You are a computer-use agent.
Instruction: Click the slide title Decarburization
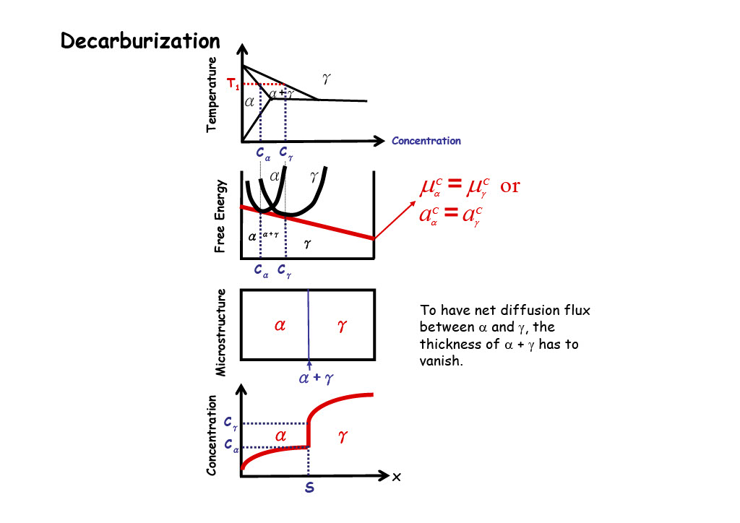[140, 41]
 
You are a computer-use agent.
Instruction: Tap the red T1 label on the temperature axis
[233, 85]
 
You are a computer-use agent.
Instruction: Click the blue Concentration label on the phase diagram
[426, 141]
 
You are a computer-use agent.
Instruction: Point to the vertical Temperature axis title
[212, 94]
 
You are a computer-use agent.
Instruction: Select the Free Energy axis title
[220, 216]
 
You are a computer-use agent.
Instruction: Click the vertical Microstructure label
[221, 332]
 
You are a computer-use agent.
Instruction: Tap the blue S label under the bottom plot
[309, 488]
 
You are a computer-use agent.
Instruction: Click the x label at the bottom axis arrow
[396, 477]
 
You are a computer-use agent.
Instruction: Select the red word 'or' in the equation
[510, 186]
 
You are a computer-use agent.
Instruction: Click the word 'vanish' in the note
[439, 360]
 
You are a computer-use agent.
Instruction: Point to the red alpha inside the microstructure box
[280, 326]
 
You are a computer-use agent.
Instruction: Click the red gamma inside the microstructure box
[342, 326]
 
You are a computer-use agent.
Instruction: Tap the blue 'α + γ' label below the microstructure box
[316, 376]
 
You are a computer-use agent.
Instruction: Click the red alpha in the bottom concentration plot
[281, 436]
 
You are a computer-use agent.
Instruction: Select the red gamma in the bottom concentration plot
[343, 436]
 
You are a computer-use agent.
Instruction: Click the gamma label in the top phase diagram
[326, 77]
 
